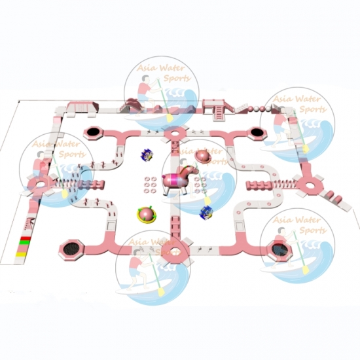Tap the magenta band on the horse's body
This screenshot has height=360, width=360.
tap(177, 180)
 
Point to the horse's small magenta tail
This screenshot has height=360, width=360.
tap(164, 177)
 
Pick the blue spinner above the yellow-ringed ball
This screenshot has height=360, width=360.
tap(147, 154)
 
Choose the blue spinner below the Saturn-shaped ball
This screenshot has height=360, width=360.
tap(206, 212)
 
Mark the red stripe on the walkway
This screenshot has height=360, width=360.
tap(25, 238)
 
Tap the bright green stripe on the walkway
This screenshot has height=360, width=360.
tap(24, 242)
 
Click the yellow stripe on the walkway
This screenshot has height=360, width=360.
tap(21, 255)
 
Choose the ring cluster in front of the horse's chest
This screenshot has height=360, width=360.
tap(200, 185)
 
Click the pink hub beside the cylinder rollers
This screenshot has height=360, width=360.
tap(310, 185)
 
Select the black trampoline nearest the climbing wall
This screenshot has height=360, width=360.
tap(93, 132)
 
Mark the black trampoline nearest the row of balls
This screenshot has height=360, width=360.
tap(257, 133)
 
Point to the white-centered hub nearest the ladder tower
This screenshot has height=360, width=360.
tap(175, 134)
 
